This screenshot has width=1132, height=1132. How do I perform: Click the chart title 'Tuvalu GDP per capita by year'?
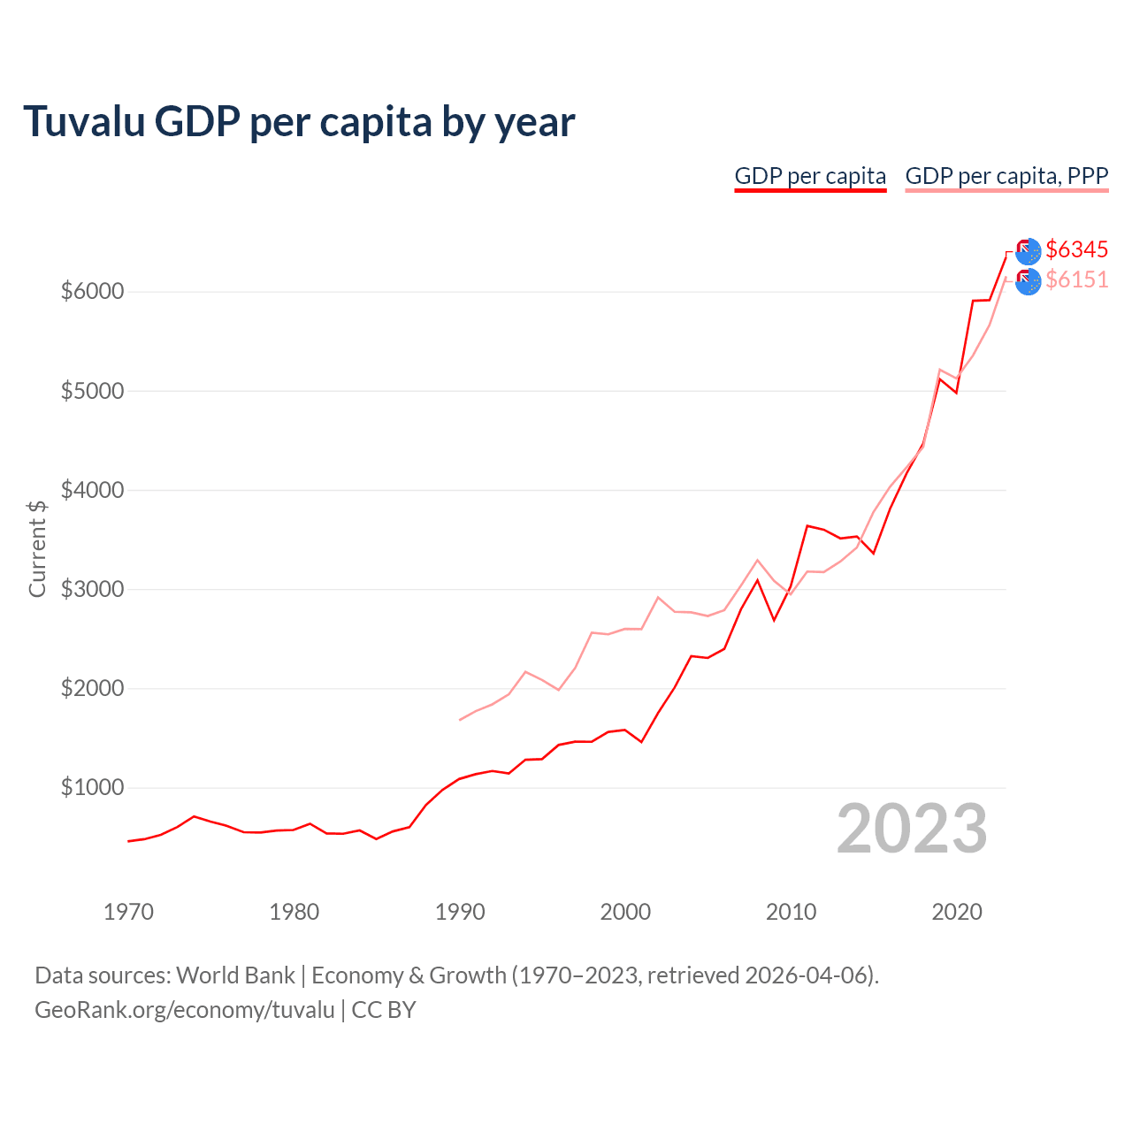[299, 122]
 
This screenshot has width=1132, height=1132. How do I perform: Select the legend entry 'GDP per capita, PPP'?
[1006, 176]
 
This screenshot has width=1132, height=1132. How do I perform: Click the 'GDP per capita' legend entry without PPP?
[810, 176]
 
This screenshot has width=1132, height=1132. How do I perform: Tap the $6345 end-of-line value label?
[1076, 250]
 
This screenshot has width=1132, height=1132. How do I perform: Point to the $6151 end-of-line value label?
[1076, 280]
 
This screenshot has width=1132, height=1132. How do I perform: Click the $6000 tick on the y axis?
[92, 292]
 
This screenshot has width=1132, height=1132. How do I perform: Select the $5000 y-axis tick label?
[92, 391]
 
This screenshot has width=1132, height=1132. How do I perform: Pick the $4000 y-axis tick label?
[92, 490]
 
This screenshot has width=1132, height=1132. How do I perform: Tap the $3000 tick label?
[92, 589]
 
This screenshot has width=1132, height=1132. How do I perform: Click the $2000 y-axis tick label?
[92, 688]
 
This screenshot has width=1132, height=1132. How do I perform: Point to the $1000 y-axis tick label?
[92, 787]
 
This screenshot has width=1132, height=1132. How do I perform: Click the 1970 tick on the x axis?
[128, 912]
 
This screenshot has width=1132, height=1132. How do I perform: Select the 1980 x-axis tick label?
[294, 912]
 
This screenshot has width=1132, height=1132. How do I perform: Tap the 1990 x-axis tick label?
[460, 912]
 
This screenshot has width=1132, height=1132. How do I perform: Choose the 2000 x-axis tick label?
[625, 912]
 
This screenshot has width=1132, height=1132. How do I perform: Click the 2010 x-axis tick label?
[791, 912]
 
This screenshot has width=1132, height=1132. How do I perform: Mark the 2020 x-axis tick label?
[957, 912]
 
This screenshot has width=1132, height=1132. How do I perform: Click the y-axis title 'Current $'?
[37, 548]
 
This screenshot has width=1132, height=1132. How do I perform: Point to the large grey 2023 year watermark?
[912, 830]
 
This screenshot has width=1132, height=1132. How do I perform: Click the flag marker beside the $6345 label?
[1028, 252]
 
